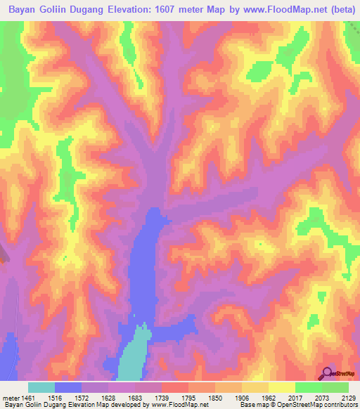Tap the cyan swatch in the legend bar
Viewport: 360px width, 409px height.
41,387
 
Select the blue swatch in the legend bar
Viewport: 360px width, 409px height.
68,387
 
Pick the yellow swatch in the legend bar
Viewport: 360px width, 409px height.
282,387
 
